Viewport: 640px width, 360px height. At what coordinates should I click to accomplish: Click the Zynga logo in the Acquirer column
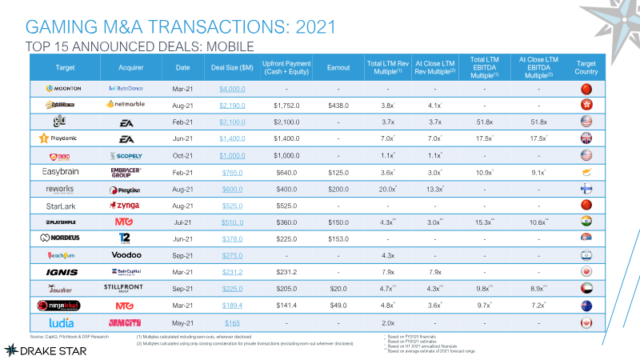point(125,204)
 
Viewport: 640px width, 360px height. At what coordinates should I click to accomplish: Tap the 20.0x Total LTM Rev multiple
point(386,187)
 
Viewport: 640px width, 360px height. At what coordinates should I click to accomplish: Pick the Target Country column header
point(587,66)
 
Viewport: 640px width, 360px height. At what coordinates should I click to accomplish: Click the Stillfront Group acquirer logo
point(125,287)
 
